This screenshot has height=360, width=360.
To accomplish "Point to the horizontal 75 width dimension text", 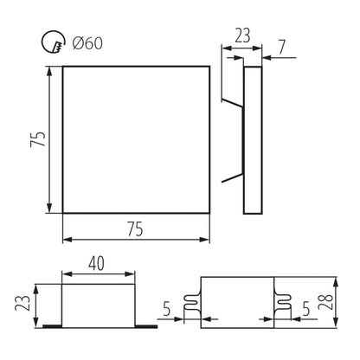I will click(x=133, y=228).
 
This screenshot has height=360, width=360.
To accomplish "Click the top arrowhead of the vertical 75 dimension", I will click(x=49, y=71).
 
